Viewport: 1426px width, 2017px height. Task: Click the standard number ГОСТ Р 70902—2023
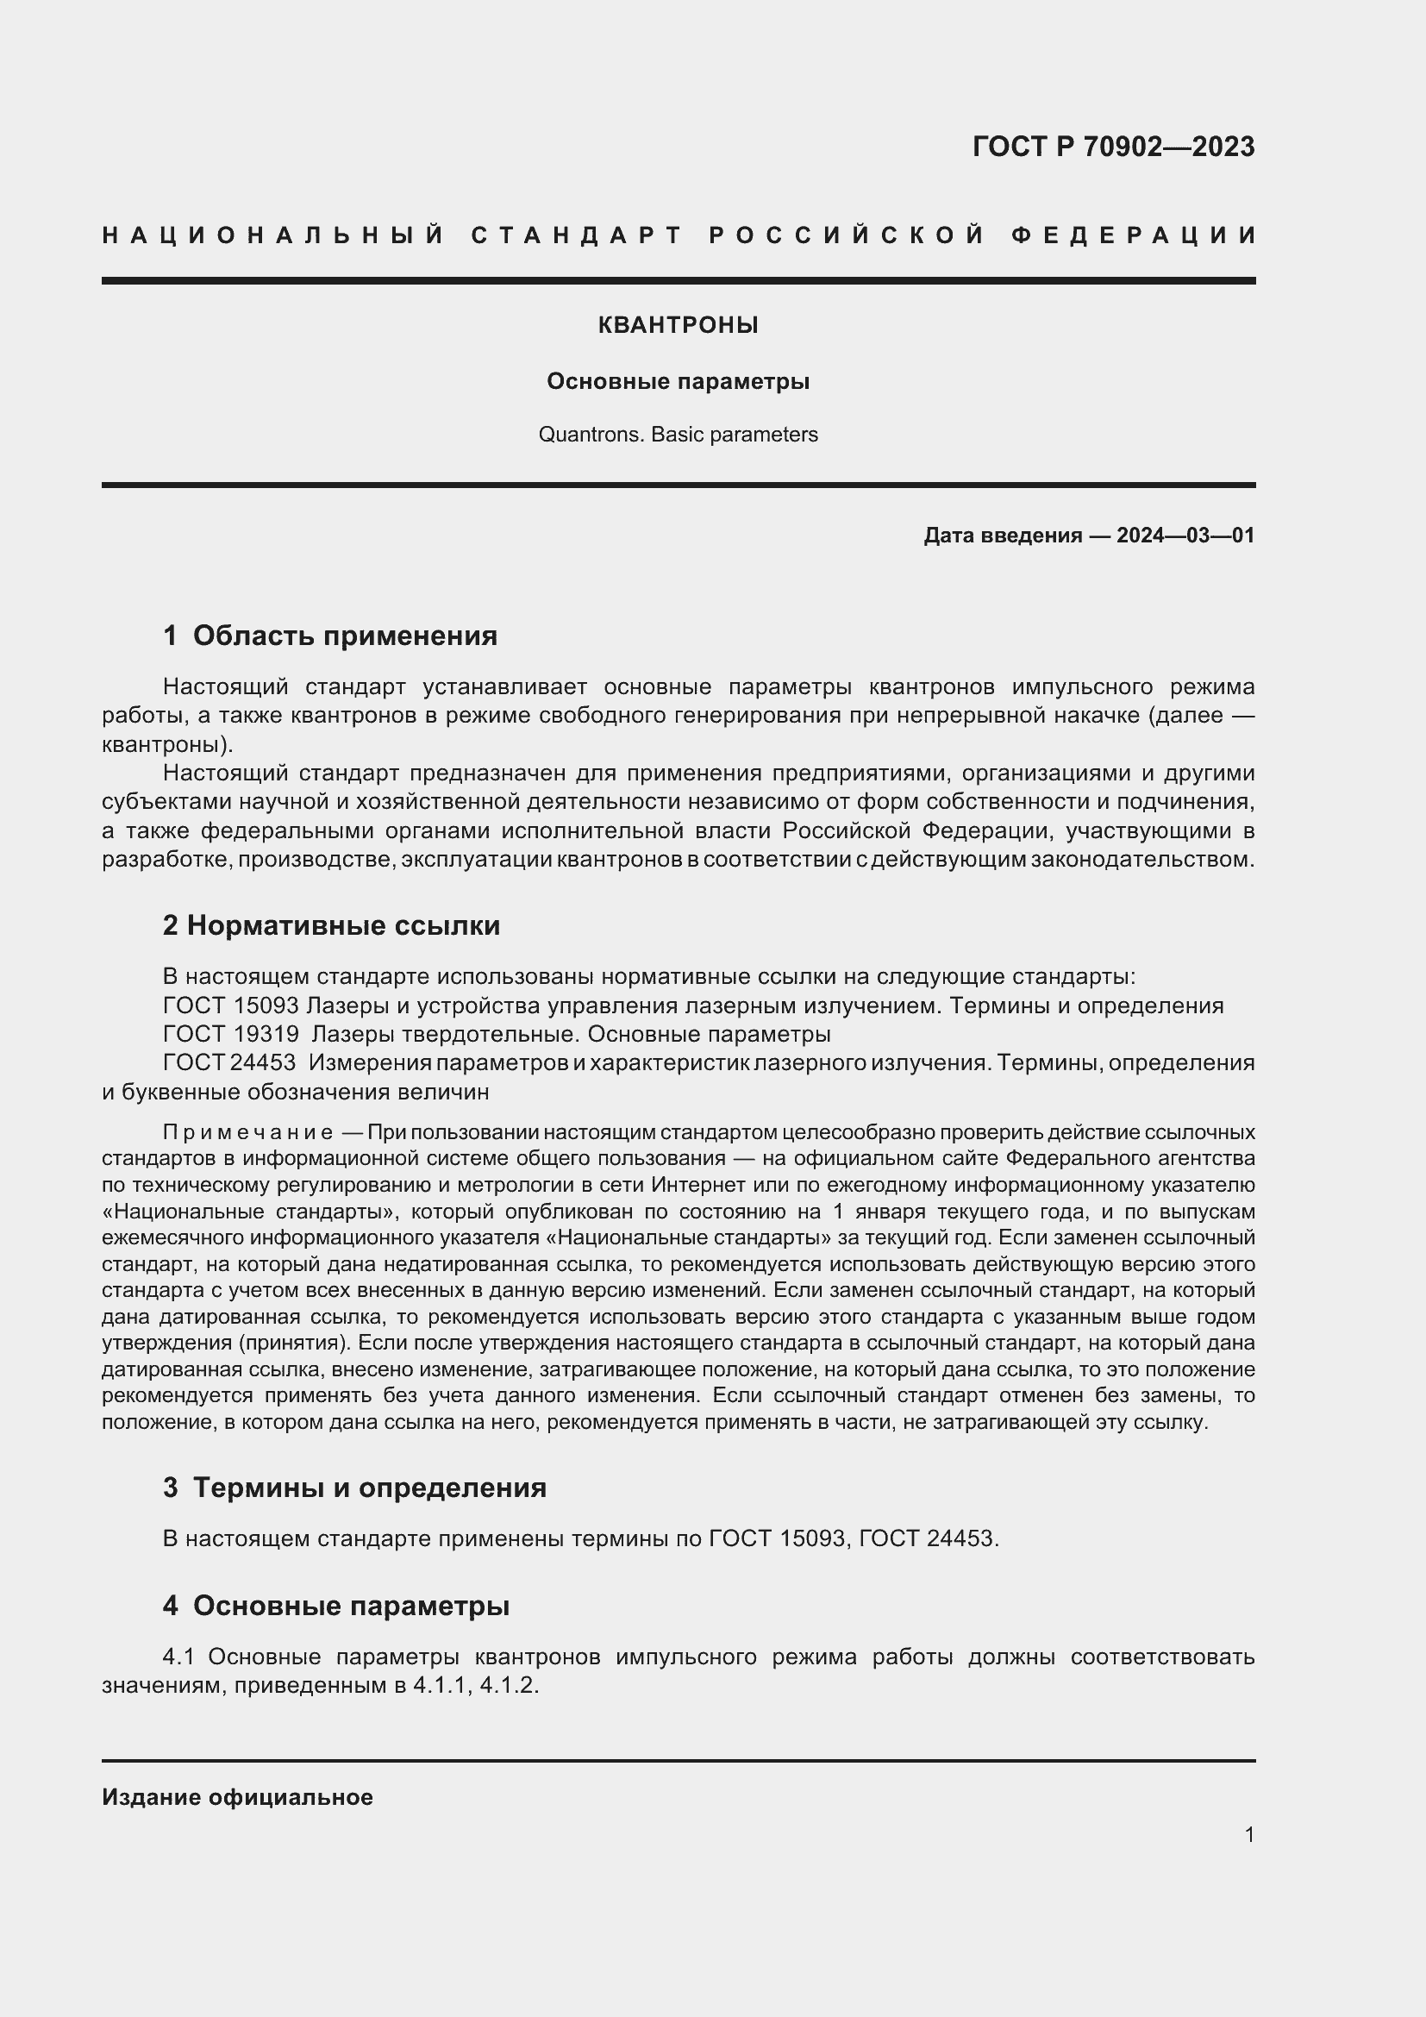coord(1112,146)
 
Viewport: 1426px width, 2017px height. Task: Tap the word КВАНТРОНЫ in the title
coord(678,325)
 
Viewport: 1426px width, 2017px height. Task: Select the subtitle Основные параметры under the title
coord(678,381)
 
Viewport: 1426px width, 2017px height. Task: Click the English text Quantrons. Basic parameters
coord(678,435)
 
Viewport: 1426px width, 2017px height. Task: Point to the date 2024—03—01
coord(1185,535)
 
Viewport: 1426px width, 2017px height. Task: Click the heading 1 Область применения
coord(330,636)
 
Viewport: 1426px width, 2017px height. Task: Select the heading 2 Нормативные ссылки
coord(331,925)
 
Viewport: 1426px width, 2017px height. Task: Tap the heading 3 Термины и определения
coord(354,1488)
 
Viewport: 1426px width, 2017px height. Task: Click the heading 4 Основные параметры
coord(336,1606)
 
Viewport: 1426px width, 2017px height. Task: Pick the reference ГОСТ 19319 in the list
coord(231,1034)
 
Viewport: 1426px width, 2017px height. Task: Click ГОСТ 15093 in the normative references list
coord(231,1005)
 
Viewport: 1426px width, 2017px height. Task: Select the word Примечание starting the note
coord(247,1131)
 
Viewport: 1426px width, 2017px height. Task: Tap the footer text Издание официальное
coord(237,1797)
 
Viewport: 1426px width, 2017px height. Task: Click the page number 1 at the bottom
coord(1248,1834)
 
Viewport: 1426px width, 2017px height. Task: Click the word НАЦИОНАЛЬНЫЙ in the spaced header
coord(273,235)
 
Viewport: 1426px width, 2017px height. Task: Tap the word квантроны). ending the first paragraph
coord(168,744)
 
